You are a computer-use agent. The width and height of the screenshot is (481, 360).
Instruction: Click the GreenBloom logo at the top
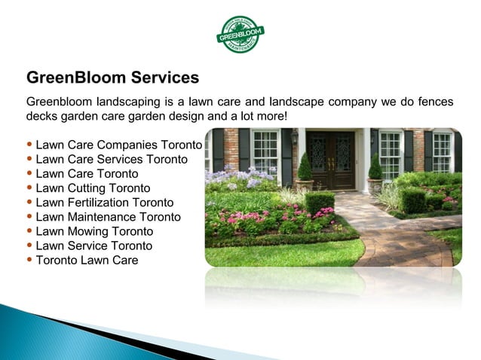coord(240,34)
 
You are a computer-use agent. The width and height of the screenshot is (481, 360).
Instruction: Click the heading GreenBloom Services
coord(112,78)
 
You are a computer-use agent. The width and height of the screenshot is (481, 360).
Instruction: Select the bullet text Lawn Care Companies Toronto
coord(118,145)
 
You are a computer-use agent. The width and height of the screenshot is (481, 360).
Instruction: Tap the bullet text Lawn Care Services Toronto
coord(111,159)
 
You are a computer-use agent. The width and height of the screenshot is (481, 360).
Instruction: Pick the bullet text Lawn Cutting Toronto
coord(93,188)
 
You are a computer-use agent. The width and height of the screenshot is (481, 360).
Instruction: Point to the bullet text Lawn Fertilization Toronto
coord(104,203)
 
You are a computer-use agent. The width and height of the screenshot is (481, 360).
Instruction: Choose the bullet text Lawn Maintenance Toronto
coord(108,217)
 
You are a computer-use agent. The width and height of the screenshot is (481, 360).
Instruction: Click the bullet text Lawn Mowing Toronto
coord(94,231)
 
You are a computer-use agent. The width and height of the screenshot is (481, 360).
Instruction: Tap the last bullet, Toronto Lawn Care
coord(87,260)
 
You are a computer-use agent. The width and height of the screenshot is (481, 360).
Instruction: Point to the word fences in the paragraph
coord(436,102)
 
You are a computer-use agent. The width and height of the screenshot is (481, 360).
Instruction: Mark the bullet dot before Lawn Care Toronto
coord(29,174)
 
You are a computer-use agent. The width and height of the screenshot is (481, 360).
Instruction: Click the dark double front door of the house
coord(329,160)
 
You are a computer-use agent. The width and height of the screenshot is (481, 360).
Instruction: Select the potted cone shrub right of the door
coord(375,170)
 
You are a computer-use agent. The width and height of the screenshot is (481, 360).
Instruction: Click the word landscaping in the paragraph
coord(122,102)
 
